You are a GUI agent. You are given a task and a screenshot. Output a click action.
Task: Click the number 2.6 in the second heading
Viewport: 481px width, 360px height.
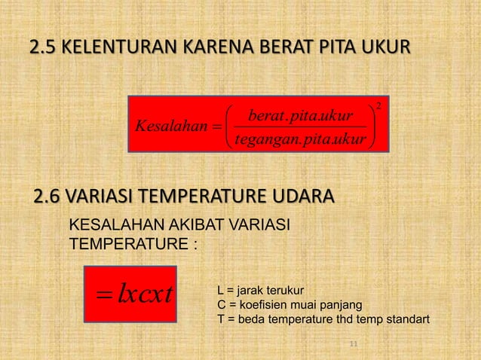[x=49, y=198]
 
